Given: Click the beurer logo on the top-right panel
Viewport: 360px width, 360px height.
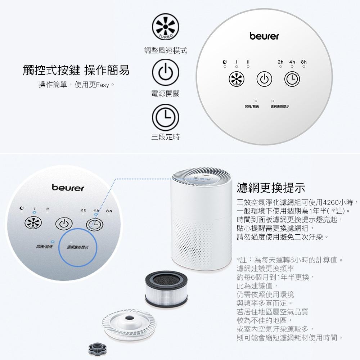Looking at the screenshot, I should (x=264, y=36).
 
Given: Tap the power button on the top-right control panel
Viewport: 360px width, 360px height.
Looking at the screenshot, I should (x=264, y=79).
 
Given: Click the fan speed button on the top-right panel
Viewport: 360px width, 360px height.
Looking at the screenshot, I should (x=236, y=79).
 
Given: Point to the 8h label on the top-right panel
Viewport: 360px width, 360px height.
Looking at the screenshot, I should (x=303, y=62).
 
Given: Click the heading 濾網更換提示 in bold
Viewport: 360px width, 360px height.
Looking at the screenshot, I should (x=271, y=188).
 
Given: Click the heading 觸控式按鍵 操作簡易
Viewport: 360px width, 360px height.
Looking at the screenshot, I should (x=76, y=70).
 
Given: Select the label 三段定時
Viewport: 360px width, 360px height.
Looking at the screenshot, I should (x=165, y=137).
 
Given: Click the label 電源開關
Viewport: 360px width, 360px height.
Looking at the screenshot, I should (x=165, y=94).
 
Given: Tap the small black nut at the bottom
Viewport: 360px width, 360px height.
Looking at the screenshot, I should (x=96, y=348).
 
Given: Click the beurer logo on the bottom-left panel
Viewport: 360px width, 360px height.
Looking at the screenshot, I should (x=68, y=188).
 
